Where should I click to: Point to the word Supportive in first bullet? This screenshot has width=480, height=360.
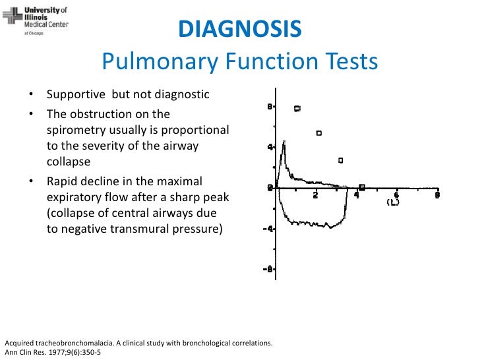75,94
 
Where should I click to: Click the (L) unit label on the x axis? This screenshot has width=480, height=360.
394,202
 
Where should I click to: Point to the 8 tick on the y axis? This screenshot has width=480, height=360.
270,106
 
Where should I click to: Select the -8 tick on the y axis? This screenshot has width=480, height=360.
268,269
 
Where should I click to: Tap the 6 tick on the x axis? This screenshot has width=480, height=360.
397,195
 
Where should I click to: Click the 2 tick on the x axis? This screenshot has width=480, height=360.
317,195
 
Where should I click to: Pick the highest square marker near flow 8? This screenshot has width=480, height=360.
297,108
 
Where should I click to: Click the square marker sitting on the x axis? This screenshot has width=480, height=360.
362,187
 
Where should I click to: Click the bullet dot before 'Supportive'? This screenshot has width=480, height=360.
31,95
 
